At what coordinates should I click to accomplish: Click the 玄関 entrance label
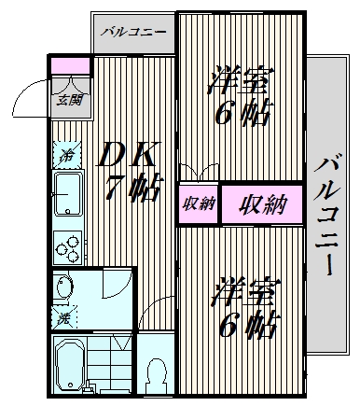pos(70,100)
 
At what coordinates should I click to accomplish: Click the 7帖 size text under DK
pos(133,188)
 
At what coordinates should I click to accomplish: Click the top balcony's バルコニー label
pos(133,32)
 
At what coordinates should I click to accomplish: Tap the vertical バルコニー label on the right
pos(326,215)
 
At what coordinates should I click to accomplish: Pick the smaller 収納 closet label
pos(199,204)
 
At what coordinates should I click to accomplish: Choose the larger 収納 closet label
pos(263,204)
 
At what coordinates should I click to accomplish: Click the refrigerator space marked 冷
pos(67,155)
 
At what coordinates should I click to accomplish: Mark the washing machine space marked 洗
pos(64,317)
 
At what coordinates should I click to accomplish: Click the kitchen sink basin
pos(68,194)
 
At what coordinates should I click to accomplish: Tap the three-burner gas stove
pos(68,247)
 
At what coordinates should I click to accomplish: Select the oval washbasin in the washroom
pos(64,287)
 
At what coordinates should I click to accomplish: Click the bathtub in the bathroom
pos(71,365)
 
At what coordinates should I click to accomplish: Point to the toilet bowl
pos(156,376)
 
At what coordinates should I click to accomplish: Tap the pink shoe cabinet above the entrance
pos(70,66)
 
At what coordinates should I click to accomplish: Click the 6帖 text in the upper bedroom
pos(242,112)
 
